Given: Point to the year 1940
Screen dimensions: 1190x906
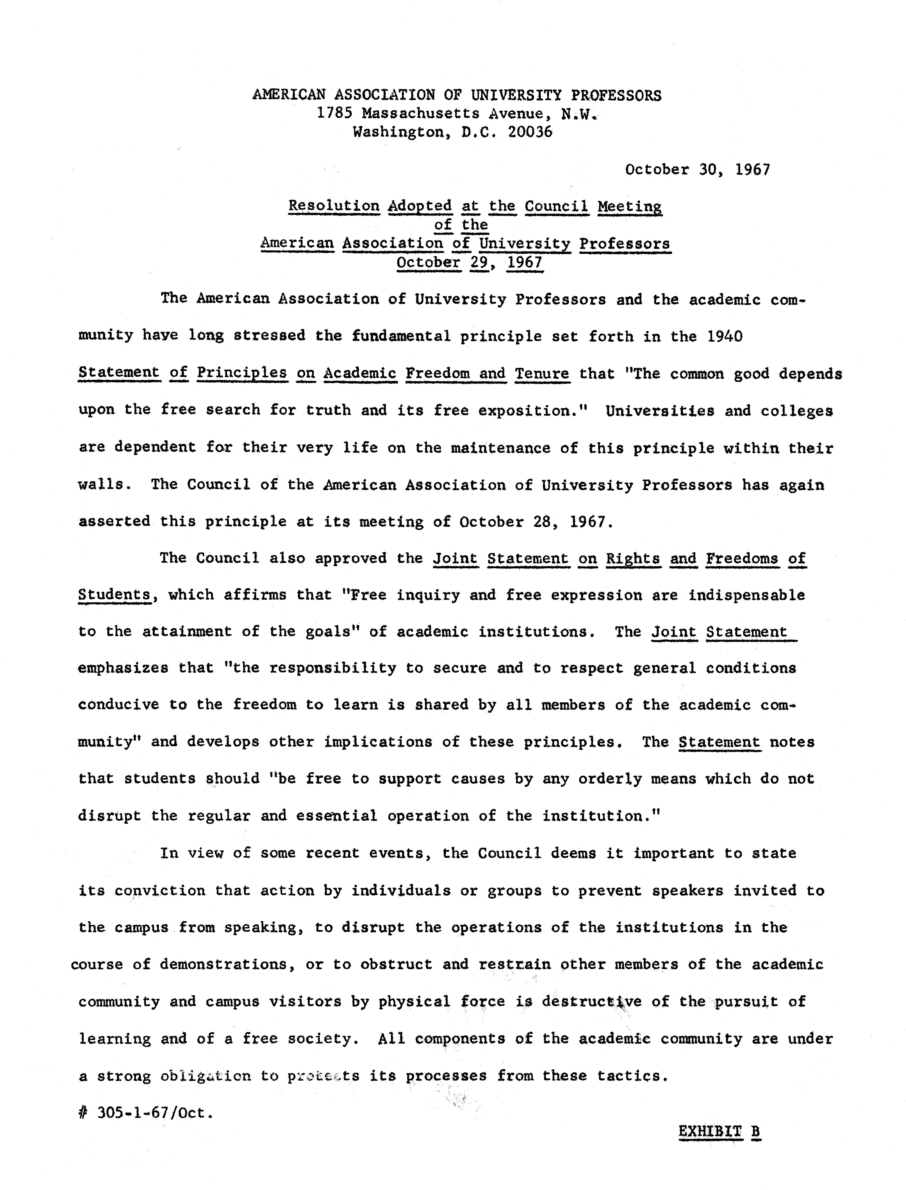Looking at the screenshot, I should coord(724,336).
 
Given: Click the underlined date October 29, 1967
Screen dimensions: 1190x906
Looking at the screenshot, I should coord(469,263).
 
